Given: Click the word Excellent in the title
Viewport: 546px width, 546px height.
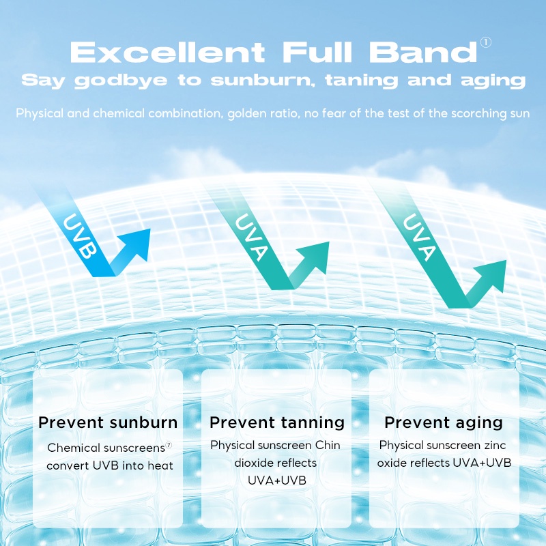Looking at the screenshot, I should pos(168,52).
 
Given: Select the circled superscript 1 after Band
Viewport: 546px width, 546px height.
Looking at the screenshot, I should pos(486,43).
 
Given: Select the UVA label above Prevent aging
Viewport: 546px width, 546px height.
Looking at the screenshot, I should pos(417,239).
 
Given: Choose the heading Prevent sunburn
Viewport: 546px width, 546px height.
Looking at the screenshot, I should pos(108,422).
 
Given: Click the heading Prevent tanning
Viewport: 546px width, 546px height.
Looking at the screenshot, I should pos(277,422).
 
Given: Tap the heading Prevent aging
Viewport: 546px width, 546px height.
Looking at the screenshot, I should pos(444,422).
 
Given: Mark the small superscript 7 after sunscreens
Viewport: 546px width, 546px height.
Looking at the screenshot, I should pos(169,445).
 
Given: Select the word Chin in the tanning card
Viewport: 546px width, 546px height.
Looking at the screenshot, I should pos(328,445).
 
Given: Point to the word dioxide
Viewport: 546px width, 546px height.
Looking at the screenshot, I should pos(254,463).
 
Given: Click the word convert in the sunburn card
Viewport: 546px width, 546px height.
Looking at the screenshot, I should pos(68,465).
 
